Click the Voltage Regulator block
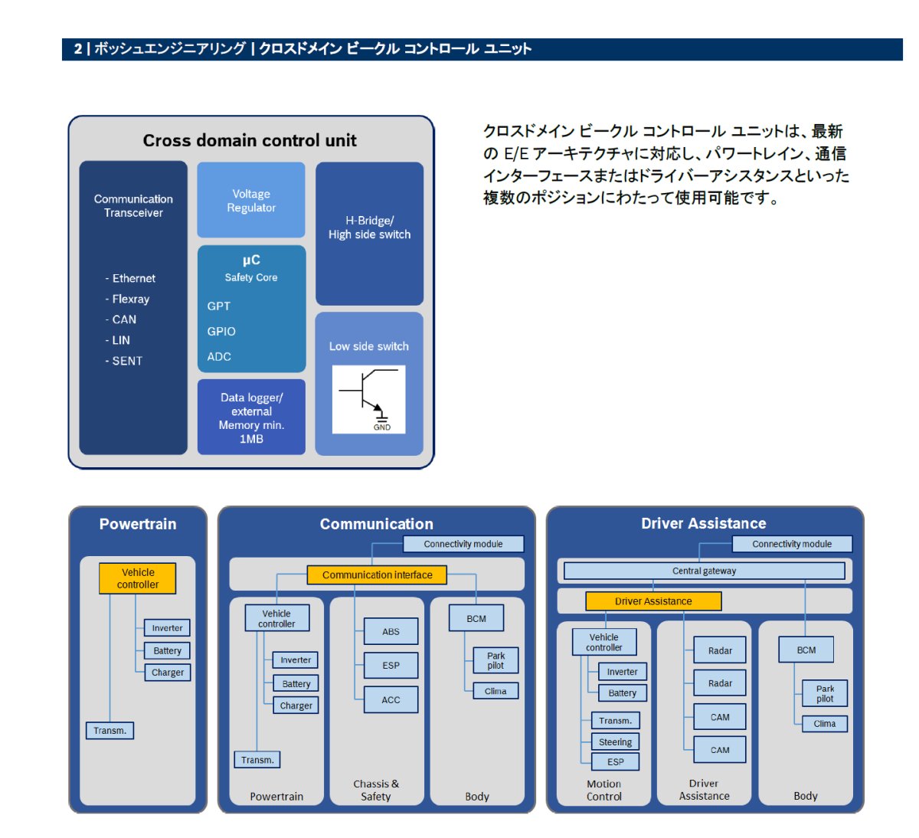251,200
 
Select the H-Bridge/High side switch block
369,234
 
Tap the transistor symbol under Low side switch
369,399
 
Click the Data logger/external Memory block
251,417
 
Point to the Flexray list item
127,299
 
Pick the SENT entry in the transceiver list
124,361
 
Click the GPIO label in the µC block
221,332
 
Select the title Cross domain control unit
250,140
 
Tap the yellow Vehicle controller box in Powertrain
137,578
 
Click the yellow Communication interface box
377,574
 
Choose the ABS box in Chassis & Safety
391,631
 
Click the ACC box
391,699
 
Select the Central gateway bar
704,571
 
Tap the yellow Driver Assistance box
653,601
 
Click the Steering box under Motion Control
615,741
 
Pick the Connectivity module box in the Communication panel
463,544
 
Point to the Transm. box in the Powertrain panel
110,730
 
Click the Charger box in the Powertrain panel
167,672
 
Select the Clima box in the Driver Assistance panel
825,723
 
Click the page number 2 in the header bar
78,48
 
